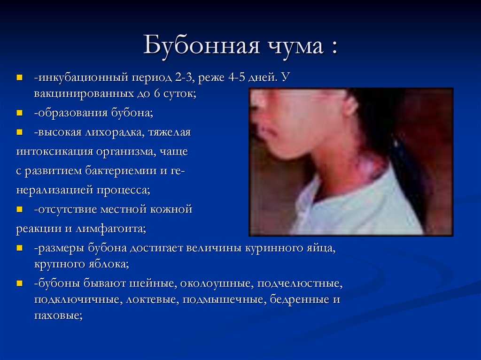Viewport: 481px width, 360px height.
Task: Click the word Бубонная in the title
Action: pos(201,46)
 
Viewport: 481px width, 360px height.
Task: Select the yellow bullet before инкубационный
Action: pos(20,77)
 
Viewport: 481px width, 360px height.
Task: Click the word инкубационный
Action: pos(83,77)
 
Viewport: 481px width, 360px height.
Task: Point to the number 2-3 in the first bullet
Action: pos(184,77)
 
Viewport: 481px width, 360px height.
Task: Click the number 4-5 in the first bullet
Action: pos(237,77)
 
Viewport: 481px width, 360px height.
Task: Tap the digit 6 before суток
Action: pos(157,93)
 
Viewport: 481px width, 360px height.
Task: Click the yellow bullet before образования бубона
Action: pos(20,113)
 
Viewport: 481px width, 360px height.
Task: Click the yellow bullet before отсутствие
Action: pos(20,209)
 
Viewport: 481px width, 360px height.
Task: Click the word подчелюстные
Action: pos(300,283)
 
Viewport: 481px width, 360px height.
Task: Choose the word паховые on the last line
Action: pos(58,316)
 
